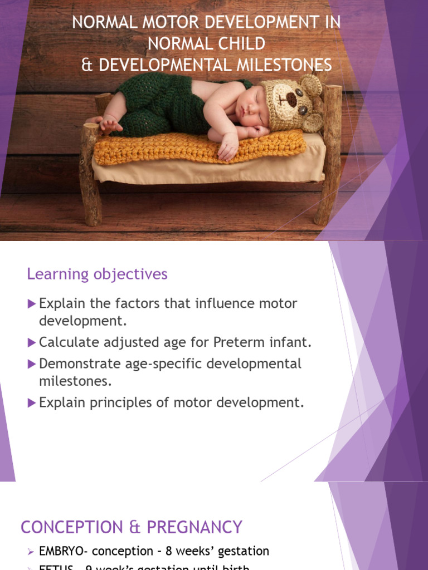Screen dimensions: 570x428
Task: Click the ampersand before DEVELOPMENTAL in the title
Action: click(x=87, y=65)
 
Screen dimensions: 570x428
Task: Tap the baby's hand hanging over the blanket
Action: click(x=228, y=148)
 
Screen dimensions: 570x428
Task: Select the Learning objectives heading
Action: click(x=97, y=274)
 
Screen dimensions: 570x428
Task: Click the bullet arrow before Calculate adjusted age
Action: click(x=31, y=342)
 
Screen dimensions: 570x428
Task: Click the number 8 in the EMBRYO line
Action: click(x=169, y=552)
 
